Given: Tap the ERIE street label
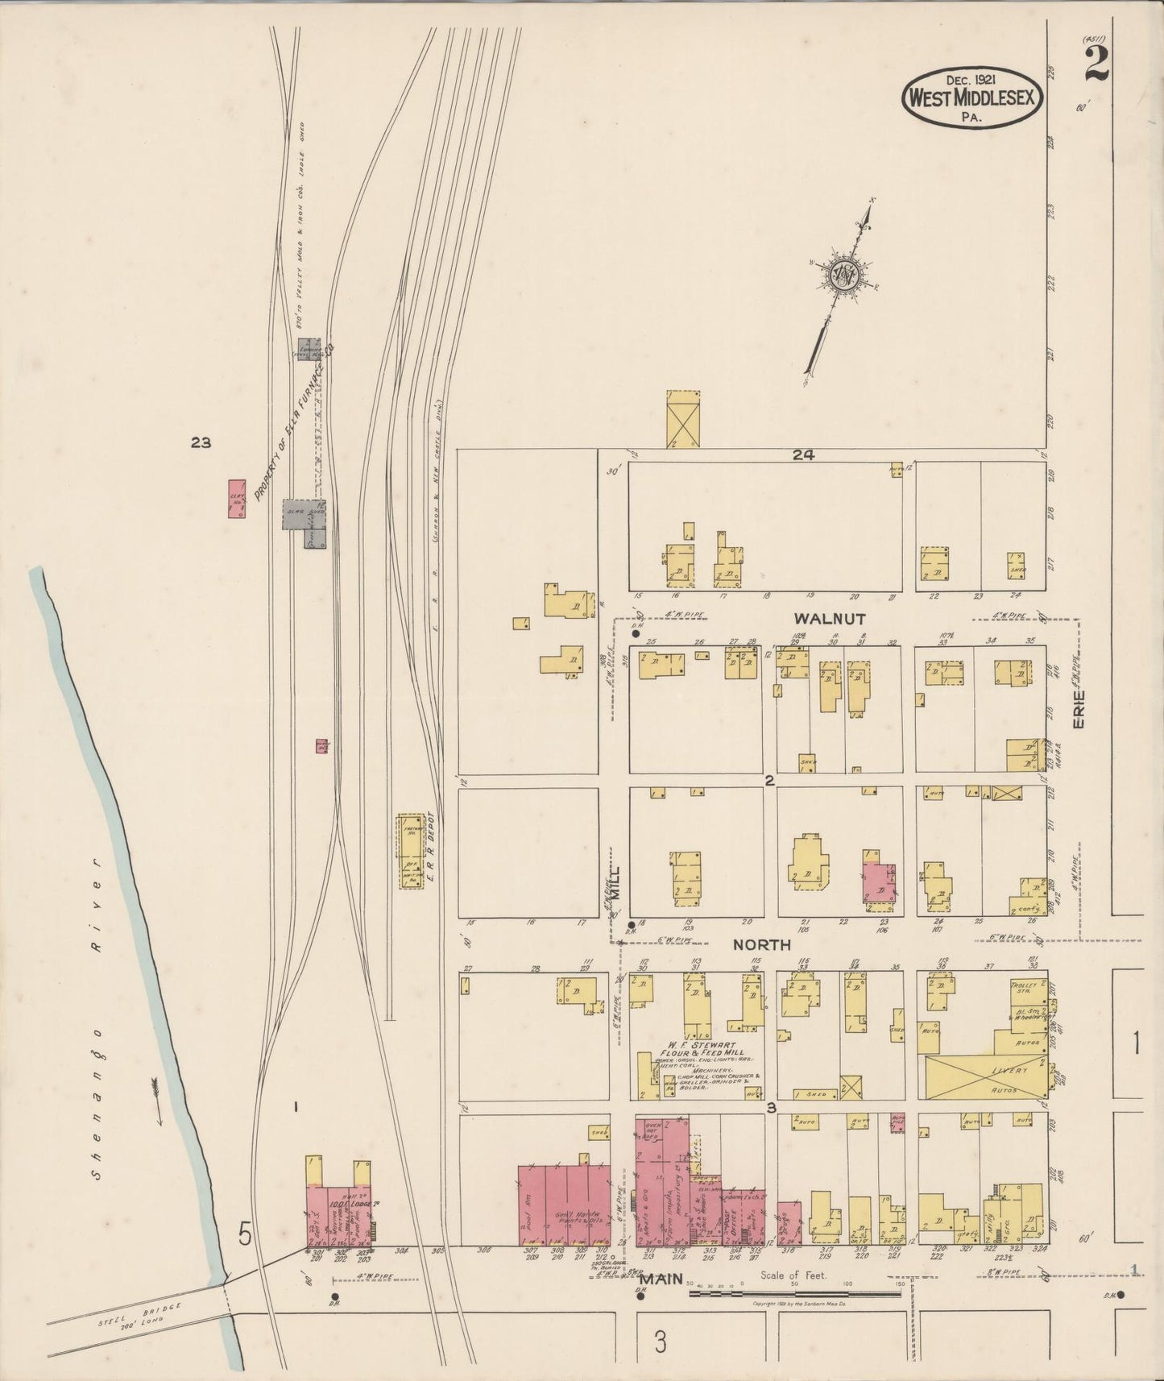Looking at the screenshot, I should click(x=1079, y=710).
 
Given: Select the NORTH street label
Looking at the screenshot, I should click(x=760, y=945).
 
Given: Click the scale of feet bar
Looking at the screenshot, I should click(x=794, y=1295).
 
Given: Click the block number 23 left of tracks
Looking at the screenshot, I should click(x=201, y=442).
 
